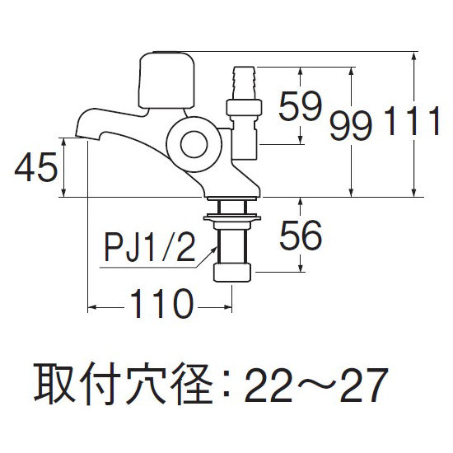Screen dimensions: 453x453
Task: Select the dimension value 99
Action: pyautogui.click(x=351, y=126)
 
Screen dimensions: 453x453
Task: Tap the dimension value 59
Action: pyautogui.click(x=300, y=106)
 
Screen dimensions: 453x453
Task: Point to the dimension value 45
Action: pyautogui.click(x=36, y=167)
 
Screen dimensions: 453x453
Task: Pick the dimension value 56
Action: pyautogui.click(x=301, y=235)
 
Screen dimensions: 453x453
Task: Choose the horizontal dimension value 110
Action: pyautogui.click(x=161, y=303)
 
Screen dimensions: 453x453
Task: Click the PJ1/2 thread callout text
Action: pyautogui.click(x=149, y=248)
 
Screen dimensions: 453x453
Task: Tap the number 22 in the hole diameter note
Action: pyautogui.click(x=268, y=385)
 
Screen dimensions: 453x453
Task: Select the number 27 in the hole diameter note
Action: pyautogui.click(x=363, y=385)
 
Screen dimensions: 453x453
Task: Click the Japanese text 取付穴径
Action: pyautogui.click(x=124, y=385)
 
